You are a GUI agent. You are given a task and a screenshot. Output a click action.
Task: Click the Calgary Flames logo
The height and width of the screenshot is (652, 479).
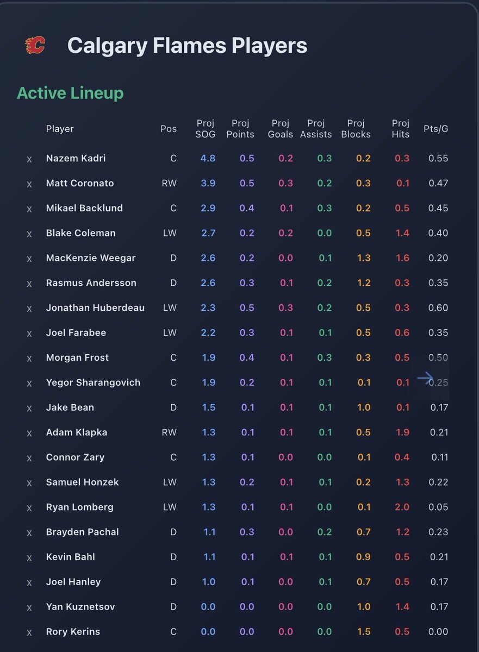click(35, 46)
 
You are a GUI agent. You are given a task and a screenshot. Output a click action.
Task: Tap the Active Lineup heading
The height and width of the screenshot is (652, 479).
click(70, 93)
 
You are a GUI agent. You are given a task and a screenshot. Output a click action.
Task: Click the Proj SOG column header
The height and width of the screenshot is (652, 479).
click(206, 129)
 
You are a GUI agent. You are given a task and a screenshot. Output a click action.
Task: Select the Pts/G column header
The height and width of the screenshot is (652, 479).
click(436, 129)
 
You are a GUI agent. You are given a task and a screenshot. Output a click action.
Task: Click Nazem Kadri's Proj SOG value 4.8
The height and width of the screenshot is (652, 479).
click(208, 158)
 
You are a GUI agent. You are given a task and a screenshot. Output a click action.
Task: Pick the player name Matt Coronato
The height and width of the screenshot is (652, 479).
click(80, 183)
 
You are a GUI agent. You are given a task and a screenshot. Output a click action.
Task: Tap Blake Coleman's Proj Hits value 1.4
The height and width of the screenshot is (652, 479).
click(402, 233)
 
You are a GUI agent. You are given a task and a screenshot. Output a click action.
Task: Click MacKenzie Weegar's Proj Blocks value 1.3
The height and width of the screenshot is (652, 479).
click(364, 258)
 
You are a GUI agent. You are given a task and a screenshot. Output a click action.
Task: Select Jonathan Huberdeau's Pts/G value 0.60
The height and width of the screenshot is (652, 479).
click(438, 308)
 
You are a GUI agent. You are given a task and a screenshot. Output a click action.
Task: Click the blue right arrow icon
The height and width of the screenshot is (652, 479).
click(425, 379)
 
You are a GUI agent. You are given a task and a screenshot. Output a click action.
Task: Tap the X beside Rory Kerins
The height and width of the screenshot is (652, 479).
click(29, 632)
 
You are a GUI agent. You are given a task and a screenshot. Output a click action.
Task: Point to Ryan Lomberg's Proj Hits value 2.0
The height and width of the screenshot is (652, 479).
click(402, 507)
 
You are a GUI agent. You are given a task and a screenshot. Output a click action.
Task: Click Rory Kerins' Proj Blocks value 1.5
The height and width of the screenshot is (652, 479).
click(364, 631)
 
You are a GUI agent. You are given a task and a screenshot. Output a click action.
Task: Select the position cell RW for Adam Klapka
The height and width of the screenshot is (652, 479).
click(169, 432)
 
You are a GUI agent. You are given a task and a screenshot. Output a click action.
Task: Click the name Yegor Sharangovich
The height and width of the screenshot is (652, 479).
click(93, 383)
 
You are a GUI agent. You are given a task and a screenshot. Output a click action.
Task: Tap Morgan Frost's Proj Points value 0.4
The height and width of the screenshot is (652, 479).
click(247, 358)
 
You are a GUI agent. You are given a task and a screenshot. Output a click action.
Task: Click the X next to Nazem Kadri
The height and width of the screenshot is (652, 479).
click(29, 159)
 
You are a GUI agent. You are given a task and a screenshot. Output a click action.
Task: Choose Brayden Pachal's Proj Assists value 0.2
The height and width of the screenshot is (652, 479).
click(325, 532)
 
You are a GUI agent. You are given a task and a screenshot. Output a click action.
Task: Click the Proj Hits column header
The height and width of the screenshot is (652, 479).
click(401, 129)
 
